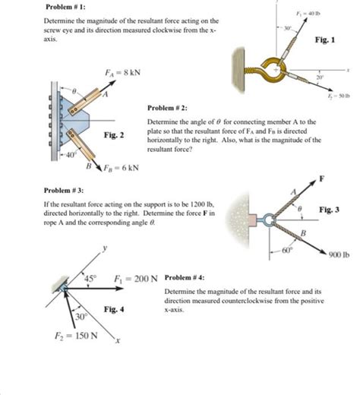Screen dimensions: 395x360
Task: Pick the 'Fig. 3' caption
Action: [x=329, y=209]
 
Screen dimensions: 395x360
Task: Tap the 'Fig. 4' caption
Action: [x=114, y=309]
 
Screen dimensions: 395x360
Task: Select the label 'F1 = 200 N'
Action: [x=136, y=278]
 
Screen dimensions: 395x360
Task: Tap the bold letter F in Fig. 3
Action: [x=322, y=179]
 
